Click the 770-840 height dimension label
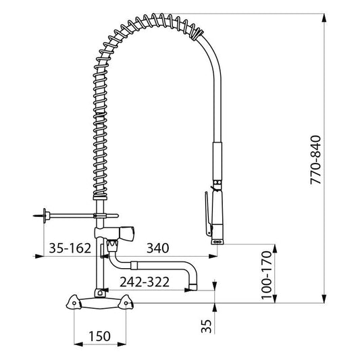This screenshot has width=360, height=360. [x=315, y=160]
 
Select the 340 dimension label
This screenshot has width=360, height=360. [x=158, y=248]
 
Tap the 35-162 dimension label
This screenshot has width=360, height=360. [x=70, y=248]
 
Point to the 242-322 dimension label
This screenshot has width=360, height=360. [x=145, y=282]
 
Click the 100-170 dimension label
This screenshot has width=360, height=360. [x=266, y=275]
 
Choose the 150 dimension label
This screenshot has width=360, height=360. [x=100, y=336]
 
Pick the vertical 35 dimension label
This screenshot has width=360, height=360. [x=206, y=326]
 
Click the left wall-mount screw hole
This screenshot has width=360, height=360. [x=74, y=303]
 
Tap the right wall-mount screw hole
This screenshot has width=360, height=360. [x=126, y=303]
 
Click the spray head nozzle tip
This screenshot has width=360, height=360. [x=217, y=242]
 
